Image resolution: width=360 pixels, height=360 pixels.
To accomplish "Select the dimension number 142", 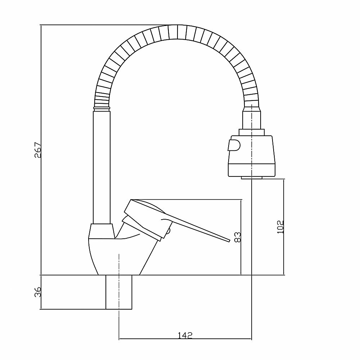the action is [185, 335].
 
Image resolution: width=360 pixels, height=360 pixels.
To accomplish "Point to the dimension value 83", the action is [237, 237].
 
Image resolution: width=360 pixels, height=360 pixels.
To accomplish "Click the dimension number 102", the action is [281, 227].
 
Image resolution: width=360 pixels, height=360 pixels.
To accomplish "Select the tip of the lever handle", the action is [228, 240].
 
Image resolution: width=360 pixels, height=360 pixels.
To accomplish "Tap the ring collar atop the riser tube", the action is [101, 107].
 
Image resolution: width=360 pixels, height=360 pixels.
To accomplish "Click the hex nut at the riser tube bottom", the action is [102, 230].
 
